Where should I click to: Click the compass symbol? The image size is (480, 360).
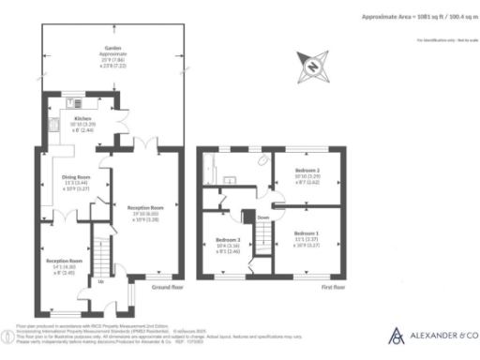(x=312, y=65)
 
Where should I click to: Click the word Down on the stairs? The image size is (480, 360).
(x=263, y=217)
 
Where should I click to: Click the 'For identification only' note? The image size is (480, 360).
(x=438, y=39)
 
